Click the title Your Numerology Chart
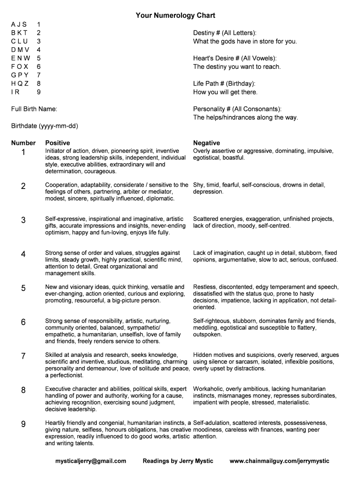tap(175, 15)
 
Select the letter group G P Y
tap(20, 75)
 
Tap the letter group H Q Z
tap(20, 83)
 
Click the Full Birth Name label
tap(34, 109)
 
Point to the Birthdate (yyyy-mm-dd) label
tap(44, 126)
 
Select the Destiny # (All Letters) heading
tap(225, 33)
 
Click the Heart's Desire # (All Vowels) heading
tap(235, 58)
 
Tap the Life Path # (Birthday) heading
tap(224, 83)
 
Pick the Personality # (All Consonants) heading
tap(238, 109)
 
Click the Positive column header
tap(58, 143)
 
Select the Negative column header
tap(206, 143)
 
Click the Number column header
tap(23, 143)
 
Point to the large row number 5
tap(23, 288)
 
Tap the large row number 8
tap(23, 390)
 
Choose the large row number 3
tap(23, 220)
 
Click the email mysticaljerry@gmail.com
tap(91, 461)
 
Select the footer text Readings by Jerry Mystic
tap(178, 461)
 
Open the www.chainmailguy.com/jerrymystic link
tap(279, 461)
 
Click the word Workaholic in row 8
tap(207, 389)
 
